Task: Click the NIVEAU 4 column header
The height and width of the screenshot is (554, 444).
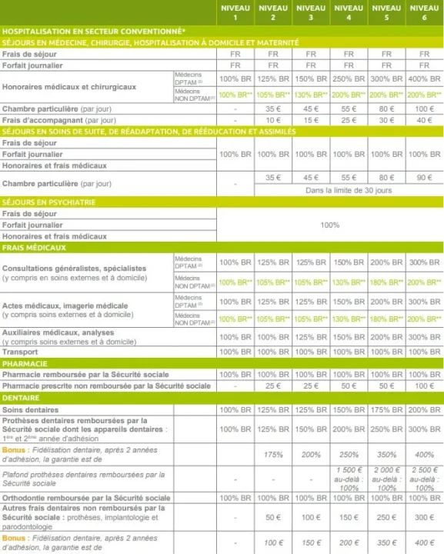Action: (349, 12)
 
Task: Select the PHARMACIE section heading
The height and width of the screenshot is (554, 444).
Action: (26, 362)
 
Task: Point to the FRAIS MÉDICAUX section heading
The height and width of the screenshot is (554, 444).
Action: (35, 248)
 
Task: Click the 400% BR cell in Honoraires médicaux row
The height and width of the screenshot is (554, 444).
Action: (424, 79)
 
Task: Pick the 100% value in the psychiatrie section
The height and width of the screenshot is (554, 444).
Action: (329, 225)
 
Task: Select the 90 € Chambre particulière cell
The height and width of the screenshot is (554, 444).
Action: (424, 177)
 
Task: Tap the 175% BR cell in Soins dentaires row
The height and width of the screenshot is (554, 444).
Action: (386, 409)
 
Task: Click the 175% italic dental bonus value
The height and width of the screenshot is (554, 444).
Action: (273, 454)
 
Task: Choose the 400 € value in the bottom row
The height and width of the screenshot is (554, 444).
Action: (424, 542)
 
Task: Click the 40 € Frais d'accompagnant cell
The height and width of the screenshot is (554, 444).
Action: (424, 120)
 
